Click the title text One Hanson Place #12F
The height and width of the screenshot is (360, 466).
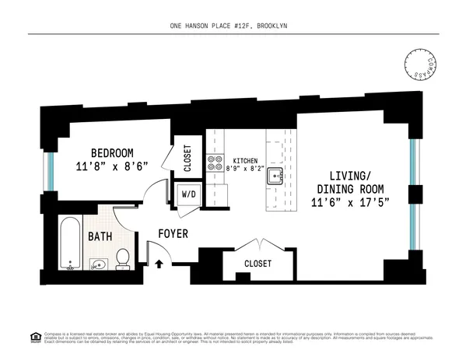coord(233,26)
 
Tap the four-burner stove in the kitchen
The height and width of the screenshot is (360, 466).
coord(214,164)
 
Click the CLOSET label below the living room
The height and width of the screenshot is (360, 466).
coord(258,264)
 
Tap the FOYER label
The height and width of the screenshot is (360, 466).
coord(173,233)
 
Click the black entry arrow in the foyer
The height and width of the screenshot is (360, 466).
coord(159,263)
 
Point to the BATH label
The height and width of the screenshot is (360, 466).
coord(100,236)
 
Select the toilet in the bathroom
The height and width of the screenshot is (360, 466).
coord(122,259)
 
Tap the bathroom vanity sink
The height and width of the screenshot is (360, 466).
coord(97,264)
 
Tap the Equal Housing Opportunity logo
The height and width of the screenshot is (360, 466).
coord(34,338)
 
